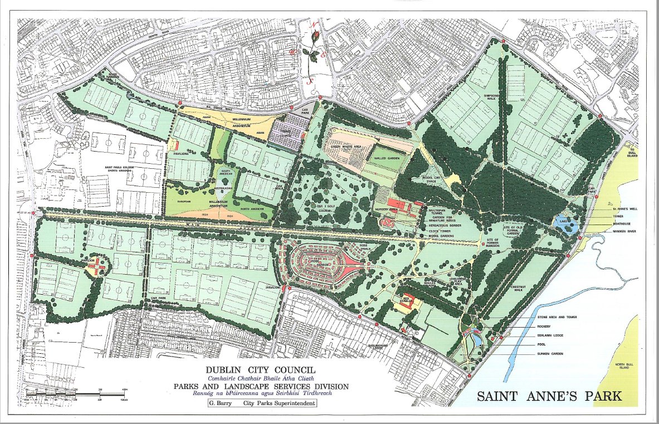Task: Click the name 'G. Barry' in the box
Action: coord(219,402)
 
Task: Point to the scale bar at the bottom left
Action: coord(78,394)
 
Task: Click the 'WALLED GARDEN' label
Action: coord(388,158)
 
